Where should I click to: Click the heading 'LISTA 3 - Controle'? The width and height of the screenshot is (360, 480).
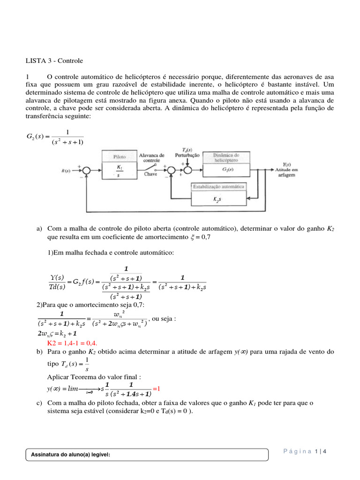(54, 60)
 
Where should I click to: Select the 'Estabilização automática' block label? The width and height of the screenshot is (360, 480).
(218, 186)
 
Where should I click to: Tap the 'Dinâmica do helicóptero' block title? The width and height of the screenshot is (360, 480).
(227, 157)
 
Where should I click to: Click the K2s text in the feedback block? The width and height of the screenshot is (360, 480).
(217, 199)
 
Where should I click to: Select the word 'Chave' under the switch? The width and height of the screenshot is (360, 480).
(150, 173)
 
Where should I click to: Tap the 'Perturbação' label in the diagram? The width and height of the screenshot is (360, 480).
(187, 155)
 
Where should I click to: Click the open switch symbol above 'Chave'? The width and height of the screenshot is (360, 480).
(151, 166)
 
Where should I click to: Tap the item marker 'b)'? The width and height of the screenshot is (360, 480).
(39, 352)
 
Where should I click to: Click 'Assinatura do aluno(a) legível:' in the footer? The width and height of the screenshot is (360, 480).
(70, 454)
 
